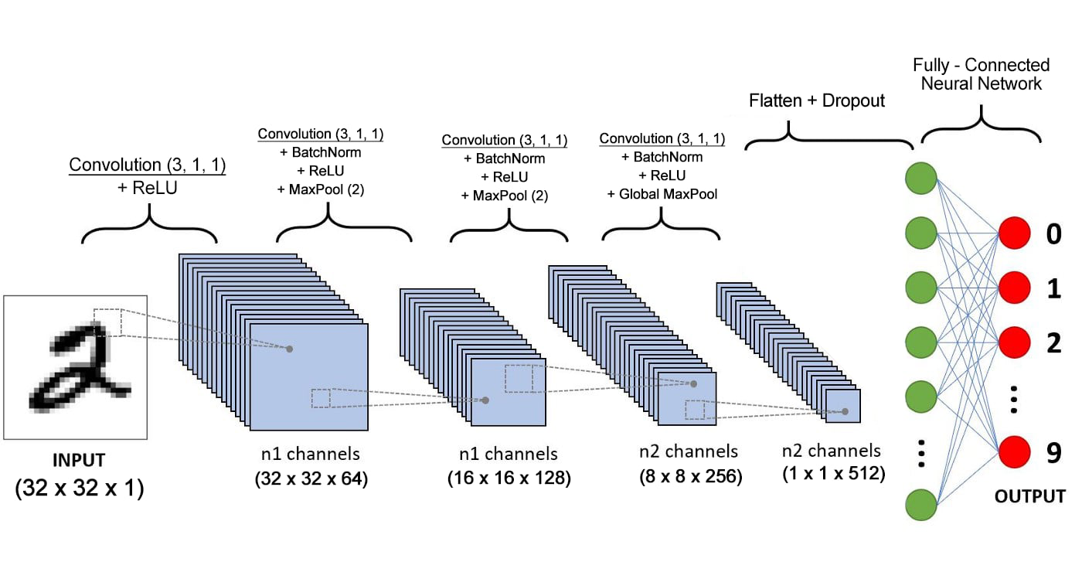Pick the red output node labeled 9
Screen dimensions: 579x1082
1014,452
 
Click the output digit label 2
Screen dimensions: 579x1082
1053,342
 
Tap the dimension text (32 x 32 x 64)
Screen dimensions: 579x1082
311,479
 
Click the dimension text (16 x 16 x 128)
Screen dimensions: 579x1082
509,479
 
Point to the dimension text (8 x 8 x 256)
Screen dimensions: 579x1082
689,477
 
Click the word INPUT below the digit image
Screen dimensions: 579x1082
78,461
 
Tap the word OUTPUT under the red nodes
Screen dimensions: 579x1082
1031,496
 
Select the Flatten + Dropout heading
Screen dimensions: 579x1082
817,100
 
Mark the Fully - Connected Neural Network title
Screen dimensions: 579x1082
981,74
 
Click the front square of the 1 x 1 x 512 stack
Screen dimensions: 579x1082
843,406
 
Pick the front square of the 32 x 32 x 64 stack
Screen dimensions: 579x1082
310,376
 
